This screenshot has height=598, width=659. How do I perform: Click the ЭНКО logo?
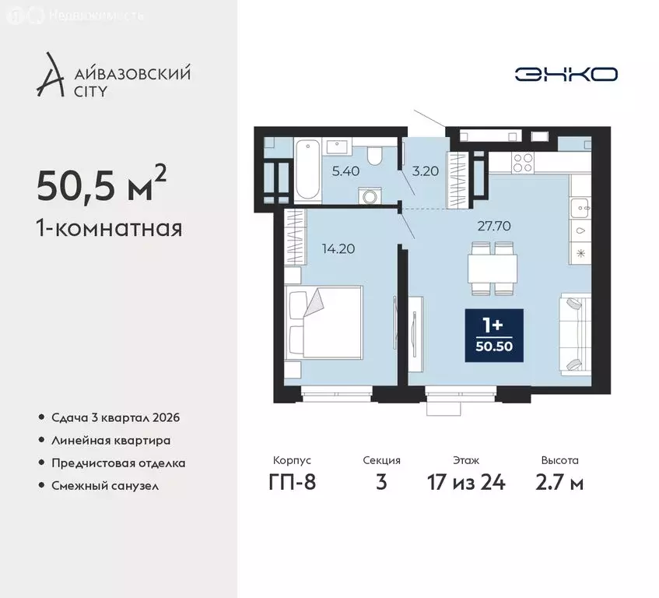[x=566, y=74]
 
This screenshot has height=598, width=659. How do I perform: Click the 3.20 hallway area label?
[x=423, y=171]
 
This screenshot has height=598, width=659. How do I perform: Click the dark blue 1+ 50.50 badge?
[x=494, y=336]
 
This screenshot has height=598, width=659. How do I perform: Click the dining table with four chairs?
[x=492, y=269]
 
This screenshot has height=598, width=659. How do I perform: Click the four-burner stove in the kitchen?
[x=522, y=162]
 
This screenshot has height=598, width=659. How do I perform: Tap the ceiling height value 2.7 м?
[x=560, y=482]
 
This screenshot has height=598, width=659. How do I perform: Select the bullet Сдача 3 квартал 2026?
[x=115, y=417]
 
